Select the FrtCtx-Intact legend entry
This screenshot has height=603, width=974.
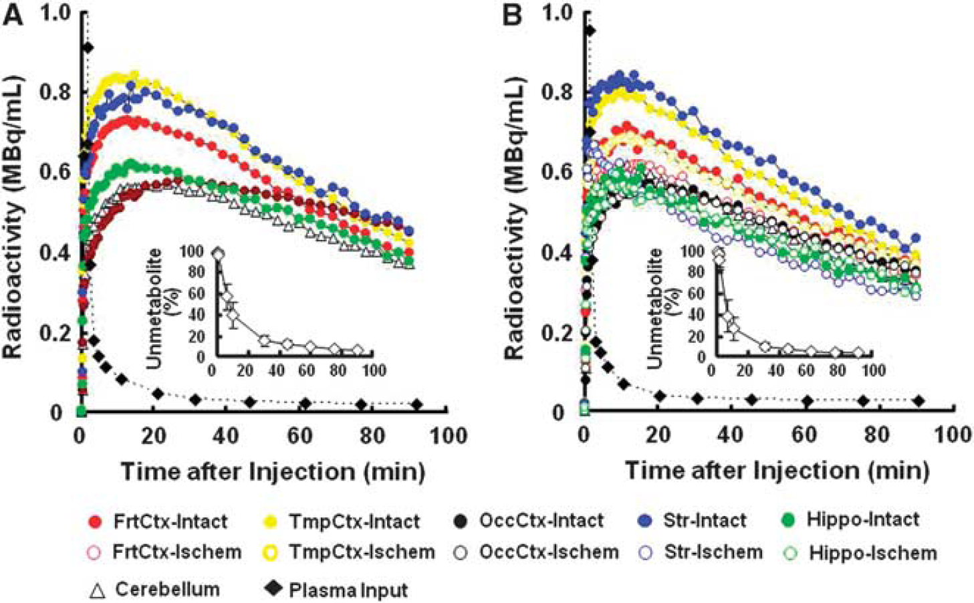click(157, 521)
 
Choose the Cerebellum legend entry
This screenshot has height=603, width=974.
click(155, 590)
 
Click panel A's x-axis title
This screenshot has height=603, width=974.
click(273, 472)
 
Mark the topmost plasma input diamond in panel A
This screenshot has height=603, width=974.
click(88, 47)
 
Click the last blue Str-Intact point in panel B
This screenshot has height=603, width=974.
click(915, 237)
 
